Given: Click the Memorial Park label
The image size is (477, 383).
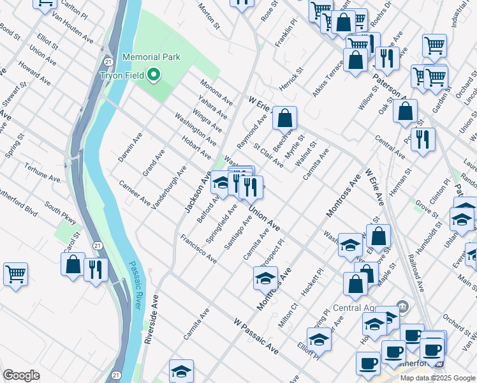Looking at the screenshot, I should tap(151, 57).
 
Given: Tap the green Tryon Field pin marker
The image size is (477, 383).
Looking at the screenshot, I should tap(154, 76).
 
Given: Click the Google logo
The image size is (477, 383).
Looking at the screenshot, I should tap(21, 375).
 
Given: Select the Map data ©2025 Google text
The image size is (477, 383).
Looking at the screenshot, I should tap(437, 378).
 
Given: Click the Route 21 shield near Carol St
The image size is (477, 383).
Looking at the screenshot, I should tap(96, 245).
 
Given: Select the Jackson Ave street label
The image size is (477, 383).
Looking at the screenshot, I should tap(198, 192).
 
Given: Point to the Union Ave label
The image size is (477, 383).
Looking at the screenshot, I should tap(265, 218).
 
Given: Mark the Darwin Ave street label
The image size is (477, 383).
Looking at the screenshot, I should tap(129, 147).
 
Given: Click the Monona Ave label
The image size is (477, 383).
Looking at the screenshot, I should tap(217, 91).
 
